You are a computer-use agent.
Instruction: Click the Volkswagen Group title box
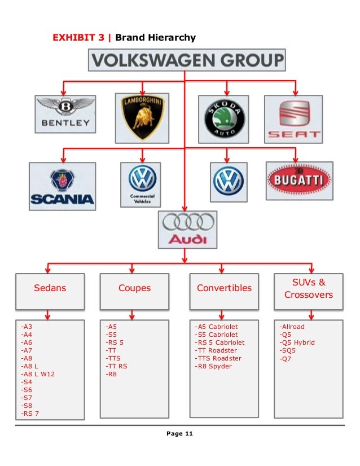pyautogui.click(x=187, y=60)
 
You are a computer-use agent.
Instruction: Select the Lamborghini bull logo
pyautogui.click(x=142, y=117)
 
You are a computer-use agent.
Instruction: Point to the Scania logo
pyautogui.click(x=62, y=186)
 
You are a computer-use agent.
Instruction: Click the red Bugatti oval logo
pyautogui.click(x=300, y=181)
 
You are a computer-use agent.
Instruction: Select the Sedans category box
pyautogui.click(x=50, y=288)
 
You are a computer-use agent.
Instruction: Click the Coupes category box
pyautogui.click(x=134, y=288)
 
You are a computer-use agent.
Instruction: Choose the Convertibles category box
pyautogui.click(x=224, y=288)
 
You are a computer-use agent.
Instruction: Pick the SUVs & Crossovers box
pyautogui.click(x=309, y=288)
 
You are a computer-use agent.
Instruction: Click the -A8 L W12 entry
pyautogui.click(x=38, y=374)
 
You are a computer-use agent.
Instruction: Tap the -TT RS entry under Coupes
pyautogui.click(x=116, y=366)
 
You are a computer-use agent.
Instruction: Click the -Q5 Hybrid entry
pyautogui.click(x=297, y=342)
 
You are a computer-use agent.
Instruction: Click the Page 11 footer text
pyautogui.click(x=179, y=433)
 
